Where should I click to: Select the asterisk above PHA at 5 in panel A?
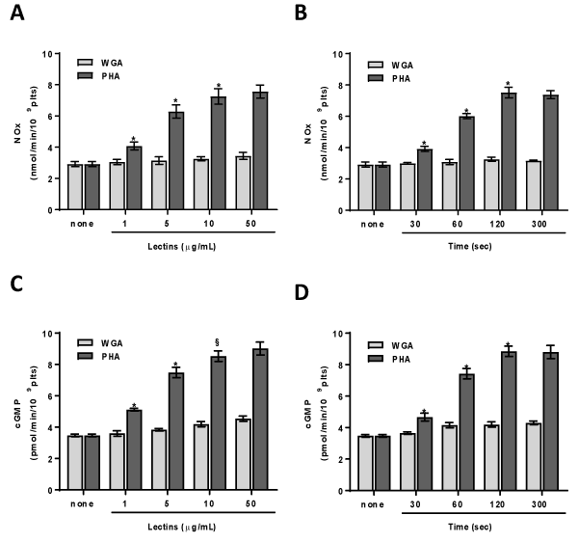click(175, 101)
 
